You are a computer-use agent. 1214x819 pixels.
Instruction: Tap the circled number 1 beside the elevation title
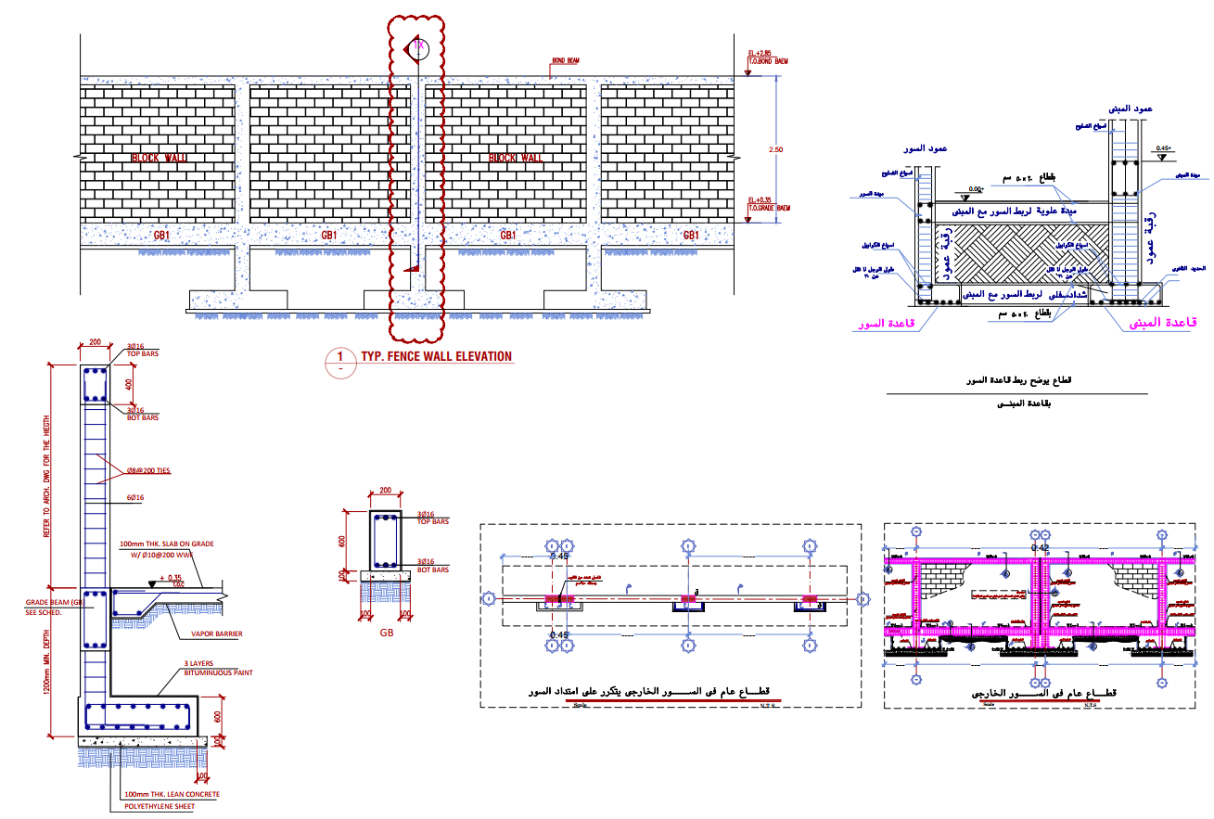(x=339, y=357)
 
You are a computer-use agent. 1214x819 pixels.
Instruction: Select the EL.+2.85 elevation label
(x=761, y=54)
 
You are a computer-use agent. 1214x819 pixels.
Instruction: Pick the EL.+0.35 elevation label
(x=761, y=199)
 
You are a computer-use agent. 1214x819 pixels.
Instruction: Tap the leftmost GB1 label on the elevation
(x=161, y=236)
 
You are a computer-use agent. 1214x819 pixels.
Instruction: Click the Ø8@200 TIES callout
(x=148, y=470)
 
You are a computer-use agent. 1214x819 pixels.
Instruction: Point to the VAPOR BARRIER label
(x=216, y=634)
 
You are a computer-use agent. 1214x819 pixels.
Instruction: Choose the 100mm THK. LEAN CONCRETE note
(x=172, y=794)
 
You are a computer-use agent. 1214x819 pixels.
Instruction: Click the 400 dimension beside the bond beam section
(x=129, y=383)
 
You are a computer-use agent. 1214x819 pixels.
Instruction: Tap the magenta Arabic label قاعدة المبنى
(x=1162, y=323)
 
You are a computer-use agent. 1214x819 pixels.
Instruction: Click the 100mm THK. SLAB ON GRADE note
(x=164, y=544)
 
